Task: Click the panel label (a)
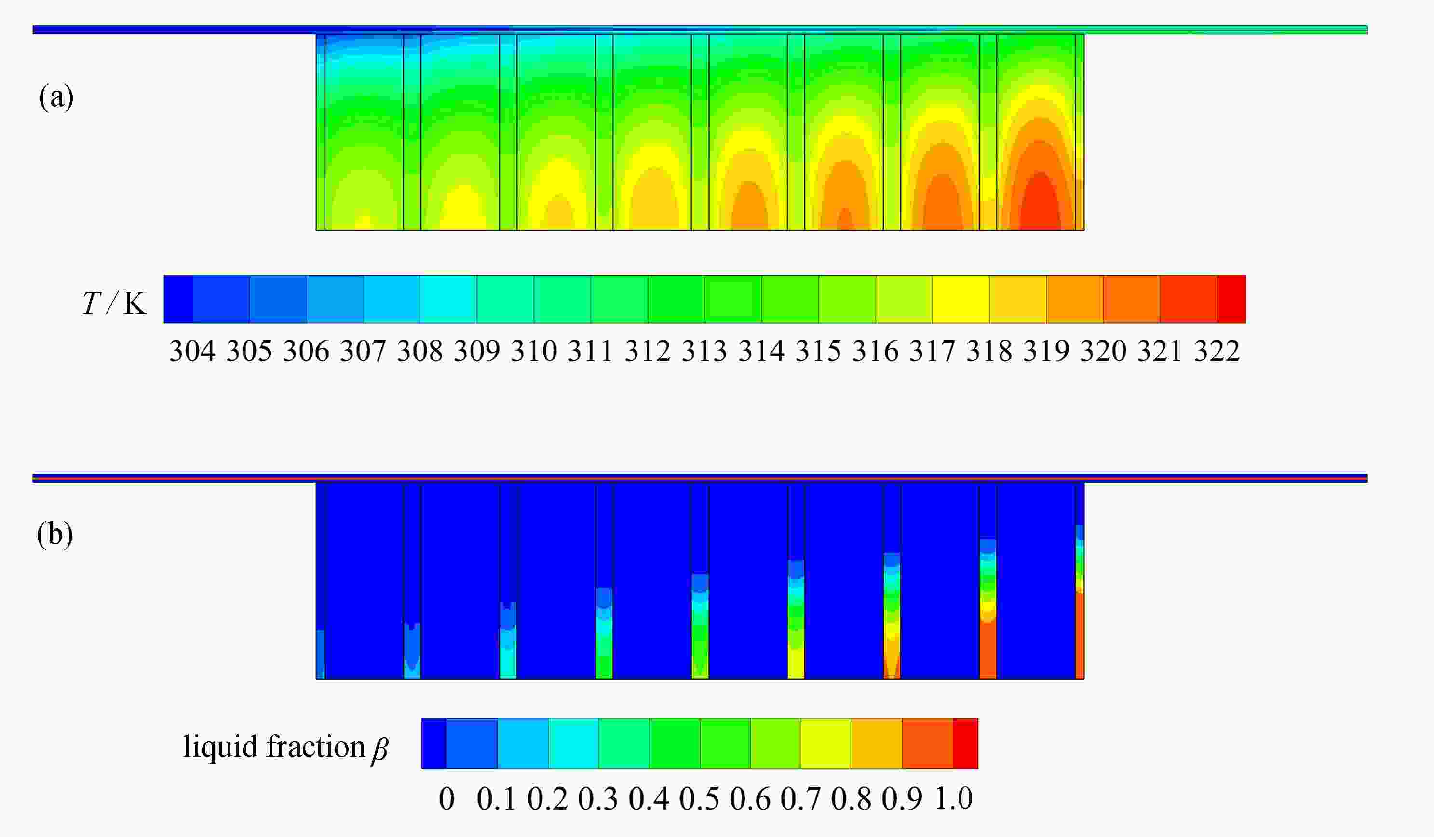point(56,97)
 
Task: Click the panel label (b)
point(54,535)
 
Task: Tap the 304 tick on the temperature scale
point(192,351)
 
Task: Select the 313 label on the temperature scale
point(704,351)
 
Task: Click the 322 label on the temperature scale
point(1217,351)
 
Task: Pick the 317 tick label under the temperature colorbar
point(932,351)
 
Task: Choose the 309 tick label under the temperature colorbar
point(477,351)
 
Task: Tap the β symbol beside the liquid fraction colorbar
point(379,749)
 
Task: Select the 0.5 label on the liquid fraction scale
point(699,799)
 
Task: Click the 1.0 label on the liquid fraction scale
point(954,799)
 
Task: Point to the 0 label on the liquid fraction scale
point(446,799)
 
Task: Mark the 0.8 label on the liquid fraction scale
point(852,799)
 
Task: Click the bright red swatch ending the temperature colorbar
point(1231,300)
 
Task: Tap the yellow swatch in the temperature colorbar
point(961,300)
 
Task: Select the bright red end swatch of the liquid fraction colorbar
point(965,743)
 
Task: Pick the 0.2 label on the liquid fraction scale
point(547,799)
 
